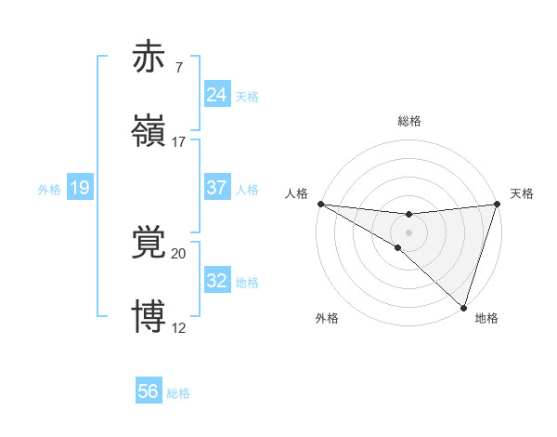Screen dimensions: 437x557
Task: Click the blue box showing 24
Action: pos(216,95)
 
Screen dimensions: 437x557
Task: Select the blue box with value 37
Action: pos(216,188)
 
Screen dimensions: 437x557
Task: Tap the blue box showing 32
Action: pos(216,281)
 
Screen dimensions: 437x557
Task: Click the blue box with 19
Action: pos(79,188)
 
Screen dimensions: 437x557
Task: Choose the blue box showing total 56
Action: pos(149,391)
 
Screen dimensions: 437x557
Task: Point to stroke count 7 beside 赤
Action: pos(178,68)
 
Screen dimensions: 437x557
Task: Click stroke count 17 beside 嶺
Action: pos(179,141)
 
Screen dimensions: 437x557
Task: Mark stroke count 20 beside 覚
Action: pos(179,253)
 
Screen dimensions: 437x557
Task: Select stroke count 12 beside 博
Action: pos(179,327)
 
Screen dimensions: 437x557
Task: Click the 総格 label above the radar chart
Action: pos(408,121)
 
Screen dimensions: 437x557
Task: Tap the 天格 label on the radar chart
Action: pos(522,193)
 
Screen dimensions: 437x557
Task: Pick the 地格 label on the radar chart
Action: pos(486,318)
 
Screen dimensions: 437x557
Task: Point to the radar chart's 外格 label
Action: pos(327,318)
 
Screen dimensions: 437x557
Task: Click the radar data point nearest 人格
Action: pos(320,203)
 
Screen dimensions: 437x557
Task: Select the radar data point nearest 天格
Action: pos(497,204)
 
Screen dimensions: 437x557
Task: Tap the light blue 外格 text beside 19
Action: pos(49,189)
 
